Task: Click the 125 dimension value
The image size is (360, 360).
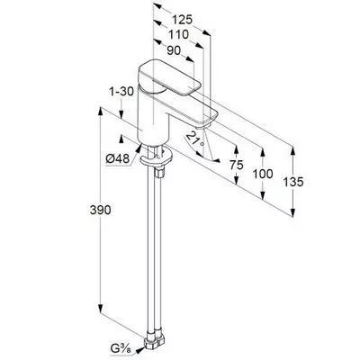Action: [x=182, y=20]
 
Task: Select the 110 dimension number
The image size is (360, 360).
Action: [x=178, y=35]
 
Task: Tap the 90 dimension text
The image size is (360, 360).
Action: [x=174, y=50]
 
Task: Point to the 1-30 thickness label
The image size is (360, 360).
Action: [x=121, y=92]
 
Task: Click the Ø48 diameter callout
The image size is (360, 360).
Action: [x=117, y=158]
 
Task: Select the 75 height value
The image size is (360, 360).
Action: [x=237, y=165]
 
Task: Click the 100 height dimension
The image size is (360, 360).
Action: [x=263, y=174]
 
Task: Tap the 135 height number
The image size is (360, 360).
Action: [x=293, y=182]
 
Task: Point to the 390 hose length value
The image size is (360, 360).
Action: [x=100, y=210]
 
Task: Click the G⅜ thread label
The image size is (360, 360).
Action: [x=122, y=350]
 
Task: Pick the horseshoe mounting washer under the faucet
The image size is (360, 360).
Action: [x=156, y=157]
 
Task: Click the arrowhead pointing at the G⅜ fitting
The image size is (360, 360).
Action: [x=139, y=350]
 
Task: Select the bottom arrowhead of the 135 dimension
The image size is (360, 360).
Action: [x=292, y=211]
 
